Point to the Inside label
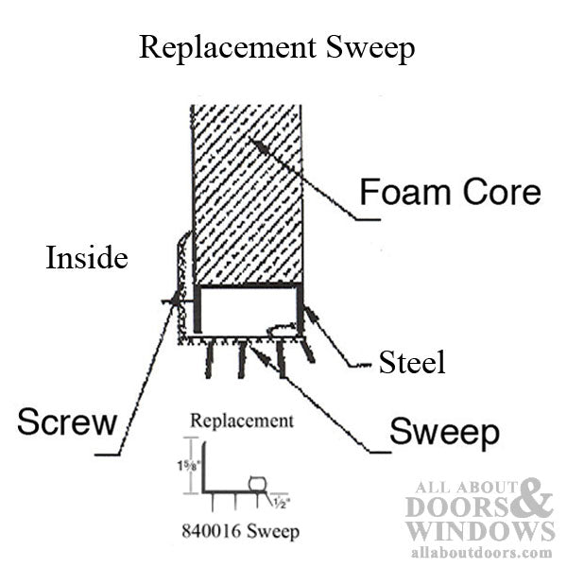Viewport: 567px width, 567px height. click(x=86, y=258)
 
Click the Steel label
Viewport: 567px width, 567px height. click(x=411, y=362)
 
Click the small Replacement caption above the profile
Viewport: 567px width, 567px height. click(x=241, y=421)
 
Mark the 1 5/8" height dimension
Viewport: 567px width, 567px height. click(x=179, y=466)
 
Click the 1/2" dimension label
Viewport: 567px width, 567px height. click(x=282, y=501)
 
